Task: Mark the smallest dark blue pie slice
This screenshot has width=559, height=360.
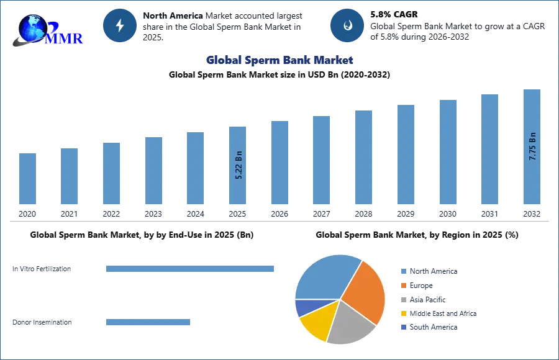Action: tap(304, 307)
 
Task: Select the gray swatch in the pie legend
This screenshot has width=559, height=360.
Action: tap(402, 299)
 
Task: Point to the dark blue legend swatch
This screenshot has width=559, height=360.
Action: tap(402, 327)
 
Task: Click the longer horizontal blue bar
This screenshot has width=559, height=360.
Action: tap(191, 268)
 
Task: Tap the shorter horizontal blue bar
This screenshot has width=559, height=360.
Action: tap(148, 323)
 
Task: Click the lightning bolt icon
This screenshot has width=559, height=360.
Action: tap(120, 25)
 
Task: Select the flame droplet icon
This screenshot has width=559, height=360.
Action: tap(347, 25)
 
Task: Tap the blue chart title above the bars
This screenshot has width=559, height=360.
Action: tap(280, 60)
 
